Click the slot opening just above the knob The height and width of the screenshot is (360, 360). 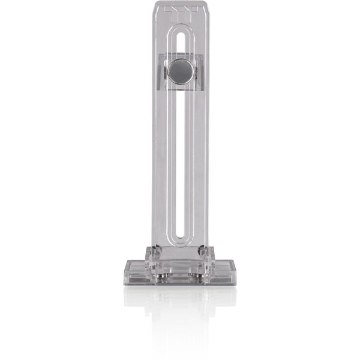pos(181,48)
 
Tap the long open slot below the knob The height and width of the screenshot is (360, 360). pos(181,162)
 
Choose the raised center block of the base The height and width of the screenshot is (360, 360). pos(180,258)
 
